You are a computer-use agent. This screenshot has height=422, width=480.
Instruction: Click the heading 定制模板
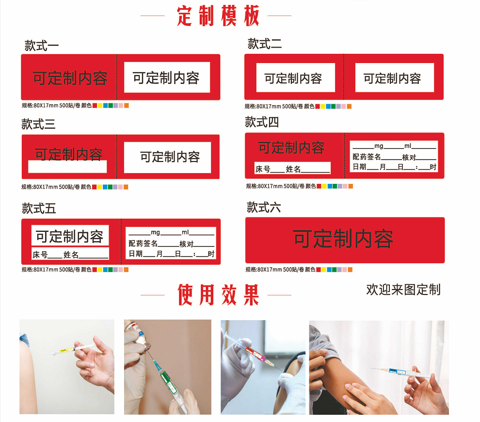click(x=218, y=16)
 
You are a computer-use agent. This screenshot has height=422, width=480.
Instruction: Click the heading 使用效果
click(x=218, y=295)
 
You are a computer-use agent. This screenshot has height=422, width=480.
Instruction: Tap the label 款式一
click(x=42, y=46)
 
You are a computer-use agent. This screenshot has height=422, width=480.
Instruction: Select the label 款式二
click(x=265, y=44)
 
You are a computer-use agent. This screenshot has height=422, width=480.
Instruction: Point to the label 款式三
click(x=39, y=124)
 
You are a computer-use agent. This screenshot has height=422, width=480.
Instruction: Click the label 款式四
click(x=262, y=122)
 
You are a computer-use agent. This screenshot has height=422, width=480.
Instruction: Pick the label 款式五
click(x=39, y=208)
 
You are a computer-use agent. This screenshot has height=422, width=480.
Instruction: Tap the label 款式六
click(x=264, y=207)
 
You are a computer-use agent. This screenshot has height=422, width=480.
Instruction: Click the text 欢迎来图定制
click(x=403, y=290)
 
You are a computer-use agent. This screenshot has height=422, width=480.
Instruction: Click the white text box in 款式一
click(x=167, y=77)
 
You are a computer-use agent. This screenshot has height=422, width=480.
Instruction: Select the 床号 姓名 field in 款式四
click(x=292, y=168)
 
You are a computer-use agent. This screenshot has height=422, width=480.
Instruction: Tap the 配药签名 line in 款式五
click(x=172, y=244)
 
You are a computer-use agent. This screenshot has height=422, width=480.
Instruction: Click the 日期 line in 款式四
click(x=394, y=167)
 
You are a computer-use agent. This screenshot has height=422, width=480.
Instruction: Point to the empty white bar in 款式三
click(x=67, y=167)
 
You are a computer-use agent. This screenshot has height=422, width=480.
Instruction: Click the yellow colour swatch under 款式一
click(x=100, y=105)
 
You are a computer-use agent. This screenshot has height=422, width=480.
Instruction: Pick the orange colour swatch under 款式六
click(x=350, y=270)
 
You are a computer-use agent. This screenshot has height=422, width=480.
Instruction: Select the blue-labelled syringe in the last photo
click(x=401, y=372)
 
